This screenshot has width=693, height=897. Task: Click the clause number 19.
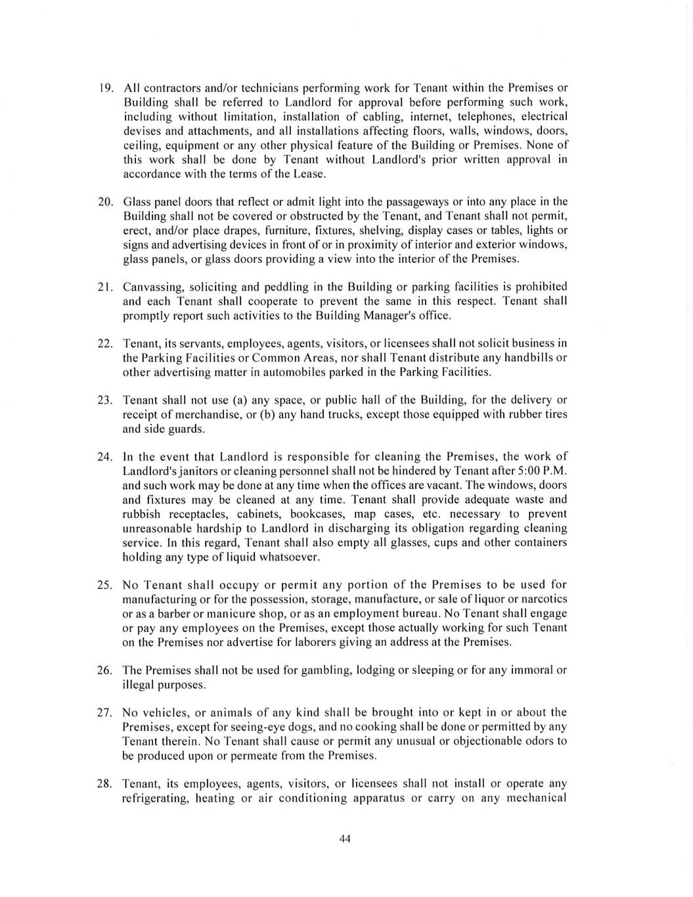tap(108, 88)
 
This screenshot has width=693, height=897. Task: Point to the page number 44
tap(346, 839)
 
